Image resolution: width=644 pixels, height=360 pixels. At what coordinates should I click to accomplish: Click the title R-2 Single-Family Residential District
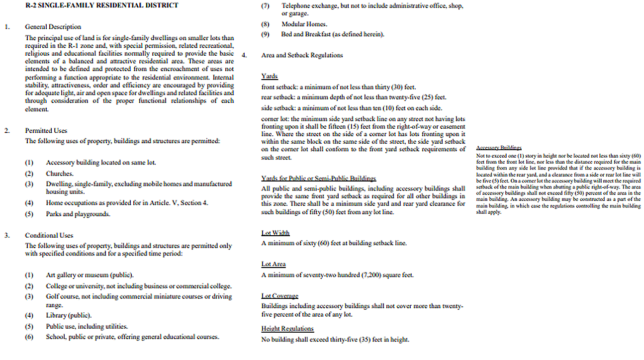101,5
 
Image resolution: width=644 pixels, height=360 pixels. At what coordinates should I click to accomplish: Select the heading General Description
53,27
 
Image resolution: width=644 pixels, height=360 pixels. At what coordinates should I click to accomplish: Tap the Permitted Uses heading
46,131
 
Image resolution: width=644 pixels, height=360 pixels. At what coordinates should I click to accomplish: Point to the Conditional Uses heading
49,235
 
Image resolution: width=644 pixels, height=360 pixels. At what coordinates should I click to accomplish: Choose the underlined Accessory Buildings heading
499,148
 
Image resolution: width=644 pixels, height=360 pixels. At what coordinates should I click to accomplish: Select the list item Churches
60,174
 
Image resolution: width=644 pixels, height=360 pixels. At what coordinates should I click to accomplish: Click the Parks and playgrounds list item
78,214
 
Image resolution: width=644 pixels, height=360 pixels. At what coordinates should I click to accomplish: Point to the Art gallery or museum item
90,275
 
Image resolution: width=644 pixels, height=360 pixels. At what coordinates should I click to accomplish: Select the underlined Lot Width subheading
276,233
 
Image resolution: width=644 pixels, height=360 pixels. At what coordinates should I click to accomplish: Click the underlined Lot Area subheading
274,264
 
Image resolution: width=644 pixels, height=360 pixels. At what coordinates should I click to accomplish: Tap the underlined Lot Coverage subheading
280,296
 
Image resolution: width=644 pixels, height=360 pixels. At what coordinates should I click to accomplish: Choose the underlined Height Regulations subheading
287,329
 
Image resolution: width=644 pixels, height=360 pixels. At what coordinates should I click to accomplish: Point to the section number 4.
244,55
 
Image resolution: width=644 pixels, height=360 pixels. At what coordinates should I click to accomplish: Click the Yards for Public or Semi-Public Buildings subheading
319,178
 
